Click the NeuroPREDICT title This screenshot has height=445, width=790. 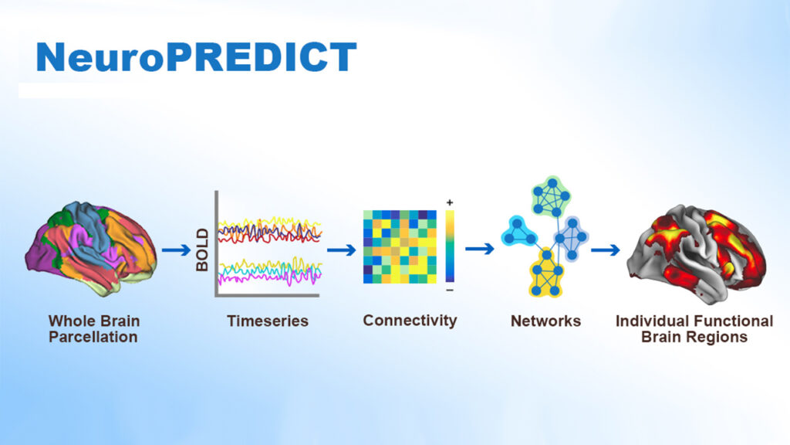pyautogui.click(x=197, y=57)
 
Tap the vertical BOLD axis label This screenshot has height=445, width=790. pyautogui.click(x=202, y=250)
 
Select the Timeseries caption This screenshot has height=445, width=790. pyautogui.click(x=268, y=321)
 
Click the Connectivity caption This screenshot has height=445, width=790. pyautogui.click(x=410, y=321)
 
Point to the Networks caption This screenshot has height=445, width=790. pyautogui.click(x=545, y=321)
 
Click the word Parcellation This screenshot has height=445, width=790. pyautogui.click(x=93, y=337)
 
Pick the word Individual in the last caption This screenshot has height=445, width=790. pyautogui.click(x=650, y=321)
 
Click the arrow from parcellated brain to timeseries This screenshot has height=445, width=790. pyautogui.click(x=177, y=250)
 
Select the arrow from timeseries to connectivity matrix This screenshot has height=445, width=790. pyautogui.click(x=342, y=250)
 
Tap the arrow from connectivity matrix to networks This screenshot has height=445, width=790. pyautogui.click(x=480, y=249)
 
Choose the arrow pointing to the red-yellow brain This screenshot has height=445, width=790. pyautogui.click(x=605, y=250)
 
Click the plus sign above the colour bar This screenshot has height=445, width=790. pyautogui.click(x=450, y=203)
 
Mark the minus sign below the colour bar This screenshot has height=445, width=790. pyautogui.click(x=450, y=290)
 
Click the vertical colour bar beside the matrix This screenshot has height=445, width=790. pyautogui.click(x=450, y=246)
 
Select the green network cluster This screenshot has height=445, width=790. pyautogui.click(x=551, y=195)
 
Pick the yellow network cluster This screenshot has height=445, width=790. pyautogui.click(x=545, y=273)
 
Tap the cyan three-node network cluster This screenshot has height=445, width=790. pyautogui.click(x=519, y=232)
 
